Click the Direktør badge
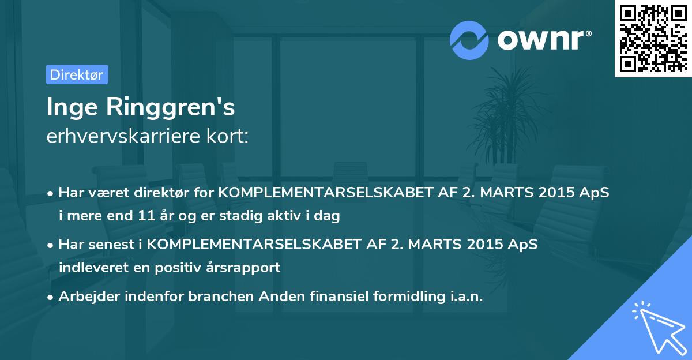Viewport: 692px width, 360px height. (77, 74)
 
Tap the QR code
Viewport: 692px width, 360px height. (652, 38)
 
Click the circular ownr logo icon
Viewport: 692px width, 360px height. (469, 40)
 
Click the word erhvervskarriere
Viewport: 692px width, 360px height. (118, 137)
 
